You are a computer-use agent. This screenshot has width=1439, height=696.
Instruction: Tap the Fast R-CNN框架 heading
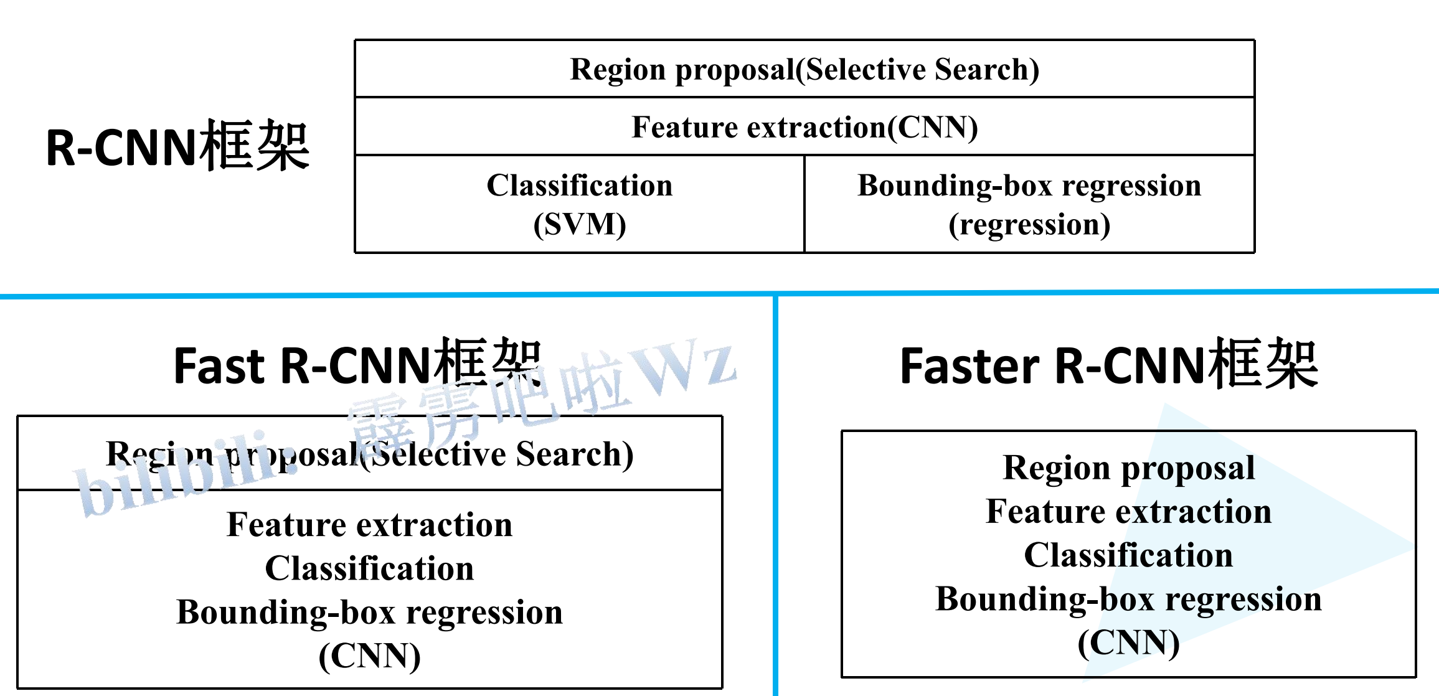click(x=357, y=364)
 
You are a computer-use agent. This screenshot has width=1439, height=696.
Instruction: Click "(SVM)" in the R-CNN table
click(x=580, y=224)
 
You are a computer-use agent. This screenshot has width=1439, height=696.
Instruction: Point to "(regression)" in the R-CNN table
click(x=1029, y=225)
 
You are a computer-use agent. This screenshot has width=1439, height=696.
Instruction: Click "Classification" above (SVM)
click(x=580, y=185)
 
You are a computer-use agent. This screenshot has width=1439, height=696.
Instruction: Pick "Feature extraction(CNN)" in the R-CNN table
click(x=804, y=128)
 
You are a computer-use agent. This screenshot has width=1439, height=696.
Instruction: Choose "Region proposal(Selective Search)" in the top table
click(x=804, y=70)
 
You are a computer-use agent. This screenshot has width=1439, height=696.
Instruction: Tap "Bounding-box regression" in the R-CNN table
click(x=1029, y=186)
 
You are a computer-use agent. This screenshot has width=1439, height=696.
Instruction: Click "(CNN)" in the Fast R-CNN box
click(x=370, y=656)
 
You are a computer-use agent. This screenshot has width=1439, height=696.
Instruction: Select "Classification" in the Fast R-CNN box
click(x=370, y=568)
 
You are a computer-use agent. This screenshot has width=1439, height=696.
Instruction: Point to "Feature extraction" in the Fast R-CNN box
click(x=370, y=524)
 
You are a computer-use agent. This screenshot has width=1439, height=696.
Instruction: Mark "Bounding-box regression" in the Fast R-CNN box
click(x=370, y=613)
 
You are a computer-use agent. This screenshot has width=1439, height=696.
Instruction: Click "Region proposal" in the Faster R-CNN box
click(x=1129, y=468)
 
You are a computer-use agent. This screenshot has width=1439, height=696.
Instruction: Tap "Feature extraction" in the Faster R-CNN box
click(x=1129, y=511)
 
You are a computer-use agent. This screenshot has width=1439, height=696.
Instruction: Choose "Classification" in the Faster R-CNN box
click(x=1129, y=555)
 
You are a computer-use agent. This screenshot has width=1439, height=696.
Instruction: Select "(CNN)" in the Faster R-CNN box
click(x=1129, y=643)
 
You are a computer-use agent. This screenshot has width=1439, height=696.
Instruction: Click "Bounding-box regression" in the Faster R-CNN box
click(x=1129, y=600)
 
